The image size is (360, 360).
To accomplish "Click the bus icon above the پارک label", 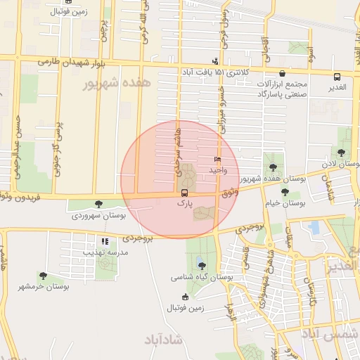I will coord(184,193).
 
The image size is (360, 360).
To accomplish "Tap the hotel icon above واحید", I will coord(217,160).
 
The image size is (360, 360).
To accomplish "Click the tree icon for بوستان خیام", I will coord(285,192).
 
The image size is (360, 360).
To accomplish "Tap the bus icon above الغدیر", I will coord(337,77).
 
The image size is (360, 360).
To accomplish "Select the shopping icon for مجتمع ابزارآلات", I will coord(282,73).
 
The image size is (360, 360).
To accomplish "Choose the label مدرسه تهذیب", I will coord(106,252).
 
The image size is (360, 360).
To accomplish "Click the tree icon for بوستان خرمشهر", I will coord(43,276).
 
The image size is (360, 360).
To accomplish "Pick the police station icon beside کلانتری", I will coord(215,60).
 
